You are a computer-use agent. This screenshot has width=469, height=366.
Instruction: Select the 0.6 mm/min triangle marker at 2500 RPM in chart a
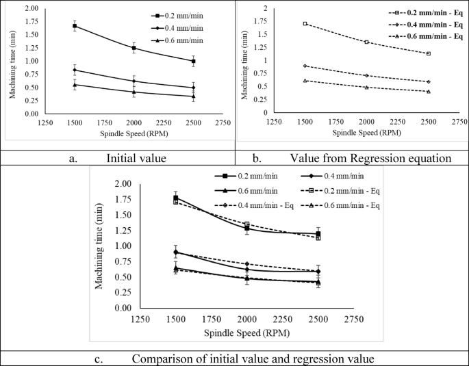(193, 96)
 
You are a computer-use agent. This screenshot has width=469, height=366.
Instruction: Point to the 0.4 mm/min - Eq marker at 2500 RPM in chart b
(428, 81)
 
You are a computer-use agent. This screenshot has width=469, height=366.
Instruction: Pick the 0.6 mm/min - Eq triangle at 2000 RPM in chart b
(366, 87)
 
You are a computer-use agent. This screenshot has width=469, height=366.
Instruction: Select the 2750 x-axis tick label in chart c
(353, 319)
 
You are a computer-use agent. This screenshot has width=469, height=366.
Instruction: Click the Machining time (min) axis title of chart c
(100, 246)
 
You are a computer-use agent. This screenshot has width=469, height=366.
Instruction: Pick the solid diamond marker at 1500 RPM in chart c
(176, 252)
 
